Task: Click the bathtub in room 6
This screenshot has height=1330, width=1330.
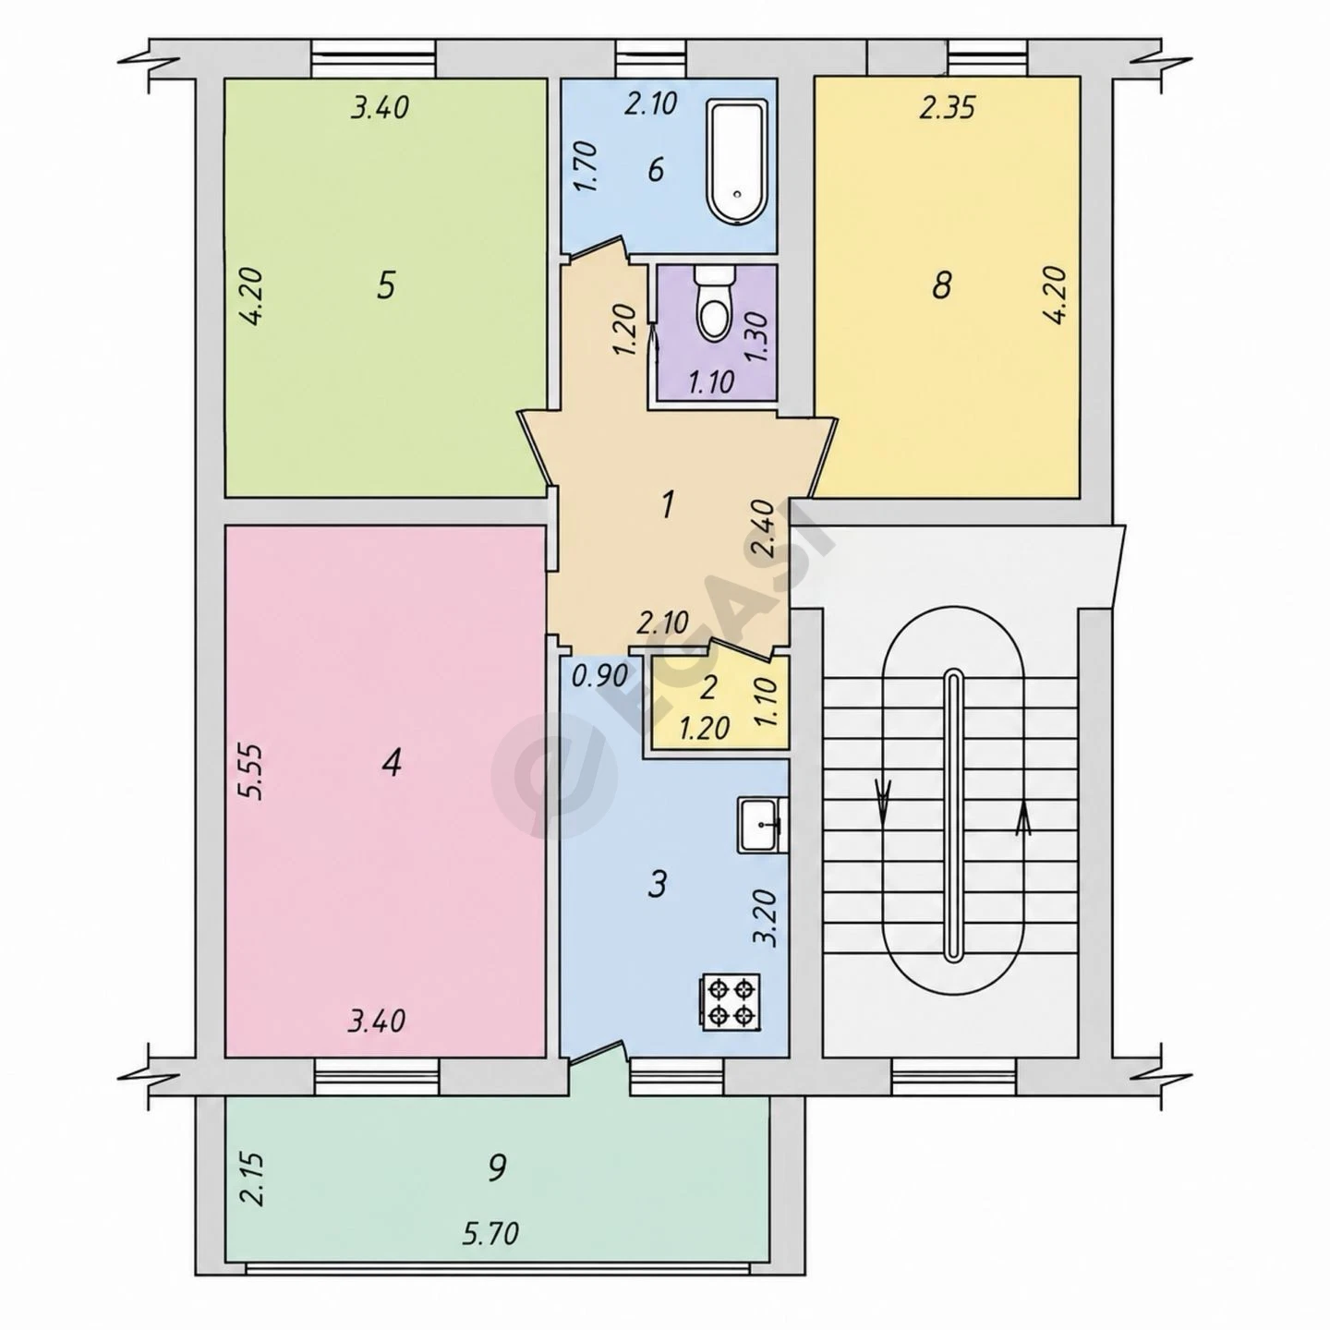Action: tap(738, 163)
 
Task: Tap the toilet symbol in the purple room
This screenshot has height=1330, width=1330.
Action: tap(714, 304)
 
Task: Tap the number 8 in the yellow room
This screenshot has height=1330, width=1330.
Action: tap(941, 284)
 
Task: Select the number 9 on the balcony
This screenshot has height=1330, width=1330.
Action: tap(496, 1167)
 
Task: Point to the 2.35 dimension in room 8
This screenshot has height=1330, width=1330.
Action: tap(946, 108)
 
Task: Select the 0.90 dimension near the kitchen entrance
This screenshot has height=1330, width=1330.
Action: tap(599, 674)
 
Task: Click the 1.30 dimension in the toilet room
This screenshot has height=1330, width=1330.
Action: tap(756, 337)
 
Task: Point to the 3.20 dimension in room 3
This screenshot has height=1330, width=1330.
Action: tap(767, 916)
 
